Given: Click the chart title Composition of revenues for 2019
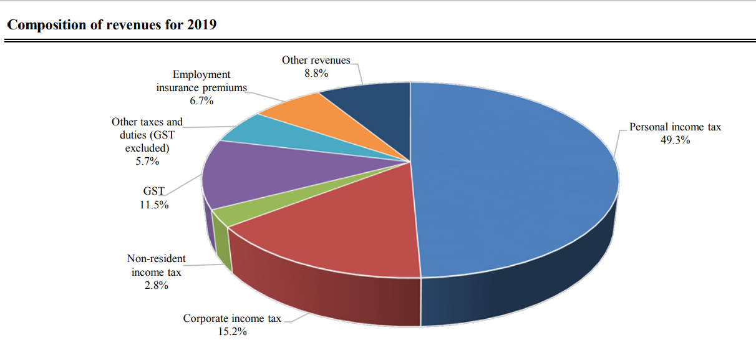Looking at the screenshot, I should pos(112,26).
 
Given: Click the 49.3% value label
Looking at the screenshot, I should pos(675,140).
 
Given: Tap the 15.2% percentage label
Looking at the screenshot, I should pos(232,332).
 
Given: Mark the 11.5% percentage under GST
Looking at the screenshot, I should pos(153,205).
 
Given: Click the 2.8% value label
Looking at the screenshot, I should pos(156,286).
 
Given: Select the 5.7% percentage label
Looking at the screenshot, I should pos(147,162).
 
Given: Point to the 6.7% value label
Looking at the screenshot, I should pos(201,101).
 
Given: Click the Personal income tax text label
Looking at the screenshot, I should pos(675,127).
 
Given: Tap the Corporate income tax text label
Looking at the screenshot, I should pos(232,319).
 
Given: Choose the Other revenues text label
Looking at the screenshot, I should pos(316,61).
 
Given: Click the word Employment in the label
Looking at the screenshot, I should pos(201,75).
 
